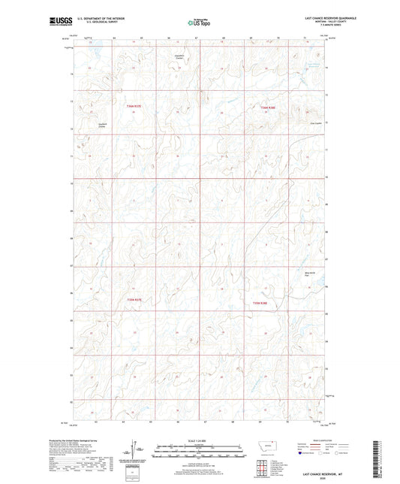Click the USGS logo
[x=56, y=22]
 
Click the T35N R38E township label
[x=268, y=107]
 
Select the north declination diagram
[x=137, y=450]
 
